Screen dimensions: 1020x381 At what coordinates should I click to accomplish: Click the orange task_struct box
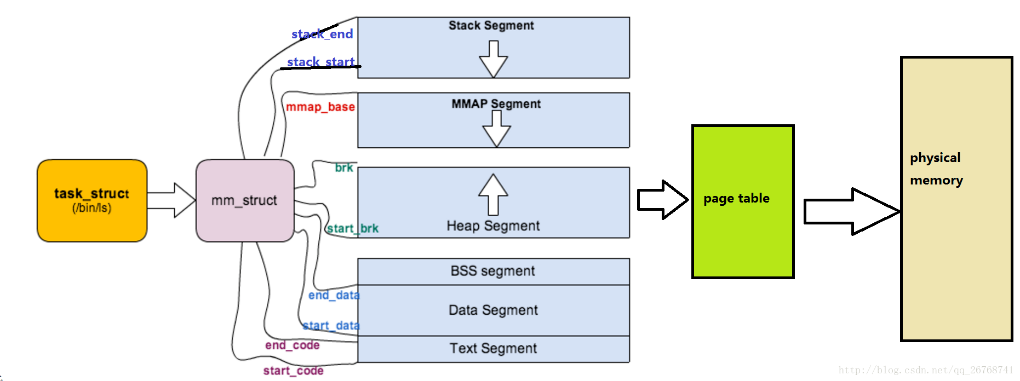pos(92,200)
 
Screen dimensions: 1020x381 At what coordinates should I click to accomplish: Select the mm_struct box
pos(245,200)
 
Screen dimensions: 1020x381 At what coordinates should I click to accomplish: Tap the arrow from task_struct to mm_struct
pos(171,200)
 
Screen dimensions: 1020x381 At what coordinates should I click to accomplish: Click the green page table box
pos(743,201)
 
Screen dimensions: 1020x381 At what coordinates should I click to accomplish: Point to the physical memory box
pos(956,199)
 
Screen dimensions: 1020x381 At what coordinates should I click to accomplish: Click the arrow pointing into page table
pos(663,200)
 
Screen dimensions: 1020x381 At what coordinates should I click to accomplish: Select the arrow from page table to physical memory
pos(852,211)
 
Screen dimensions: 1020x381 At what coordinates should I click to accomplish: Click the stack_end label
pos(322,34)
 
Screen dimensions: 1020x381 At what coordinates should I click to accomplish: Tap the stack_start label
pos(321,62)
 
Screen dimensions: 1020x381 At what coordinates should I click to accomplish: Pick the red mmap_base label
pos(320,107)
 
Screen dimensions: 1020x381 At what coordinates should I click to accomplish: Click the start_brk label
pos(353,228)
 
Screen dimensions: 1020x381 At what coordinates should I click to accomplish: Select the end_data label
pos(334,295)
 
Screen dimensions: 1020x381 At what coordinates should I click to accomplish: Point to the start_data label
pos(331,326)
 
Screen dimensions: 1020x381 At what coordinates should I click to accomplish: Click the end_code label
pos(293,345)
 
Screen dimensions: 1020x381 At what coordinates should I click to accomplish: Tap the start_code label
pos(294,371)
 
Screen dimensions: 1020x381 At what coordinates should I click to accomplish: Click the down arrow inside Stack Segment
pos(494,59)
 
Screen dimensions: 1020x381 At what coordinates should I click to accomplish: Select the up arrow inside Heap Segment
pos(493,194)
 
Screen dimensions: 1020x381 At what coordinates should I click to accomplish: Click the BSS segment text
pos(493,271)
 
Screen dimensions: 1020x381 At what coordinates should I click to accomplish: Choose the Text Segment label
pos(494,348)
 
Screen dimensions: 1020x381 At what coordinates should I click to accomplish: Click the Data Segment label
pos(494,310)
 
